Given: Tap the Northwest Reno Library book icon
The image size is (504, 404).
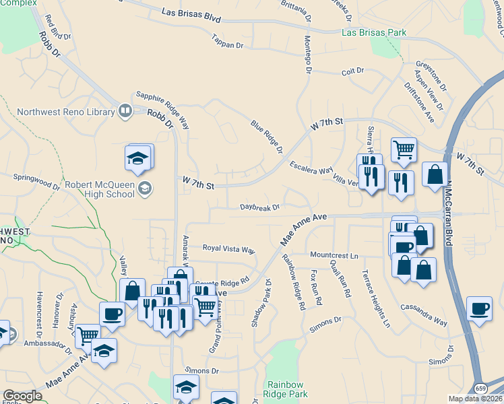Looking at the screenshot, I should (x=125, y=110).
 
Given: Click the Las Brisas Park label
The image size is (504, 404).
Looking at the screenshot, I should (x=374, y=32).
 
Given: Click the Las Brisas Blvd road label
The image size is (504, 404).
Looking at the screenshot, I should (x=191, y=15).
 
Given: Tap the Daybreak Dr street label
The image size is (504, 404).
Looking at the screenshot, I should (x=259, y=208).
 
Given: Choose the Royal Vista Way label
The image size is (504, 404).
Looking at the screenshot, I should (x=229, y=248).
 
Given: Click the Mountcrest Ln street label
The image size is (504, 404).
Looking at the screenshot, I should (x=334, y=255).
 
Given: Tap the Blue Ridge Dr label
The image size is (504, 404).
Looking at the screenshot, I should (x=266, y=137).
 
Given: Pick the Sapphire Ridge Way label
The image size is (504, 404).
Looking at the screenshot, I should (x=162, y=110).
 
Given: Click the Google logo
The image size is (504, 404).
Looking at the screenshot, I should (x=22, y=396).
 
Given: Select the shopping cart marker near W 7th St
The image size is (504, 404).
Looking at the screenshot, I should (x=404, y=149).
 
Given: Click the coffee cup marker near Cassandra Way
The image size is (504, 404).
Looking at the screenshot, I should (x=479, y=310).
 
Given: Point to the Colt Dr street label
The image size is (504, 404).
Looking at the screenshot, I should (x=352, y=70).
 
